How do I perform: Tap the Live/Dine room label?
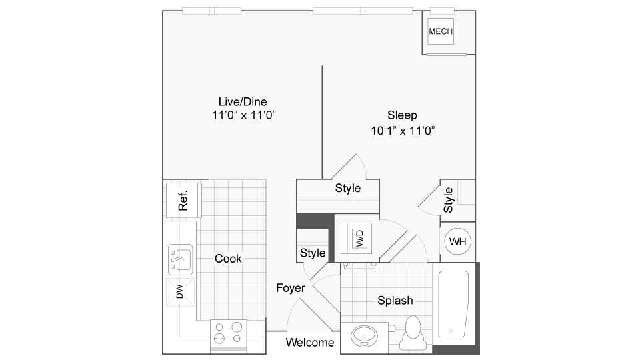coord(243,101)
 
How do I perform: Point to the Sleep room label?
coord(403,115)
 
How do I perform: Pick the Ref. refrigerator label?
coord(183,200)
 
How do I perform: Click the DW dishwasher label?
coord(179,291)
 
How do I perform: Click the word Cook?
coord(228,259)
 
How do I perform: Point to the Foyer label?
coord(291,289)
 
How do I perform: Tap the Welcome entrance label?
coord(310,343)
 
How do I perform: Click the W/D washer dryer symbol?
coord(359,237)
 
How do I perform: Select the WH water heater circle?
coord(458,241)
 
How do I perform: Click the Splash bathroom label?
coord(395,301)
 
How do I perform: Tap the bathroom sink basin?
coord(364,335)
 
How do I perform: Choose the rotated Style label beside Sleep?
coord(449,199)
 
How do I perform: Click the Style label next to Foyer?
coord(313,253)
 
